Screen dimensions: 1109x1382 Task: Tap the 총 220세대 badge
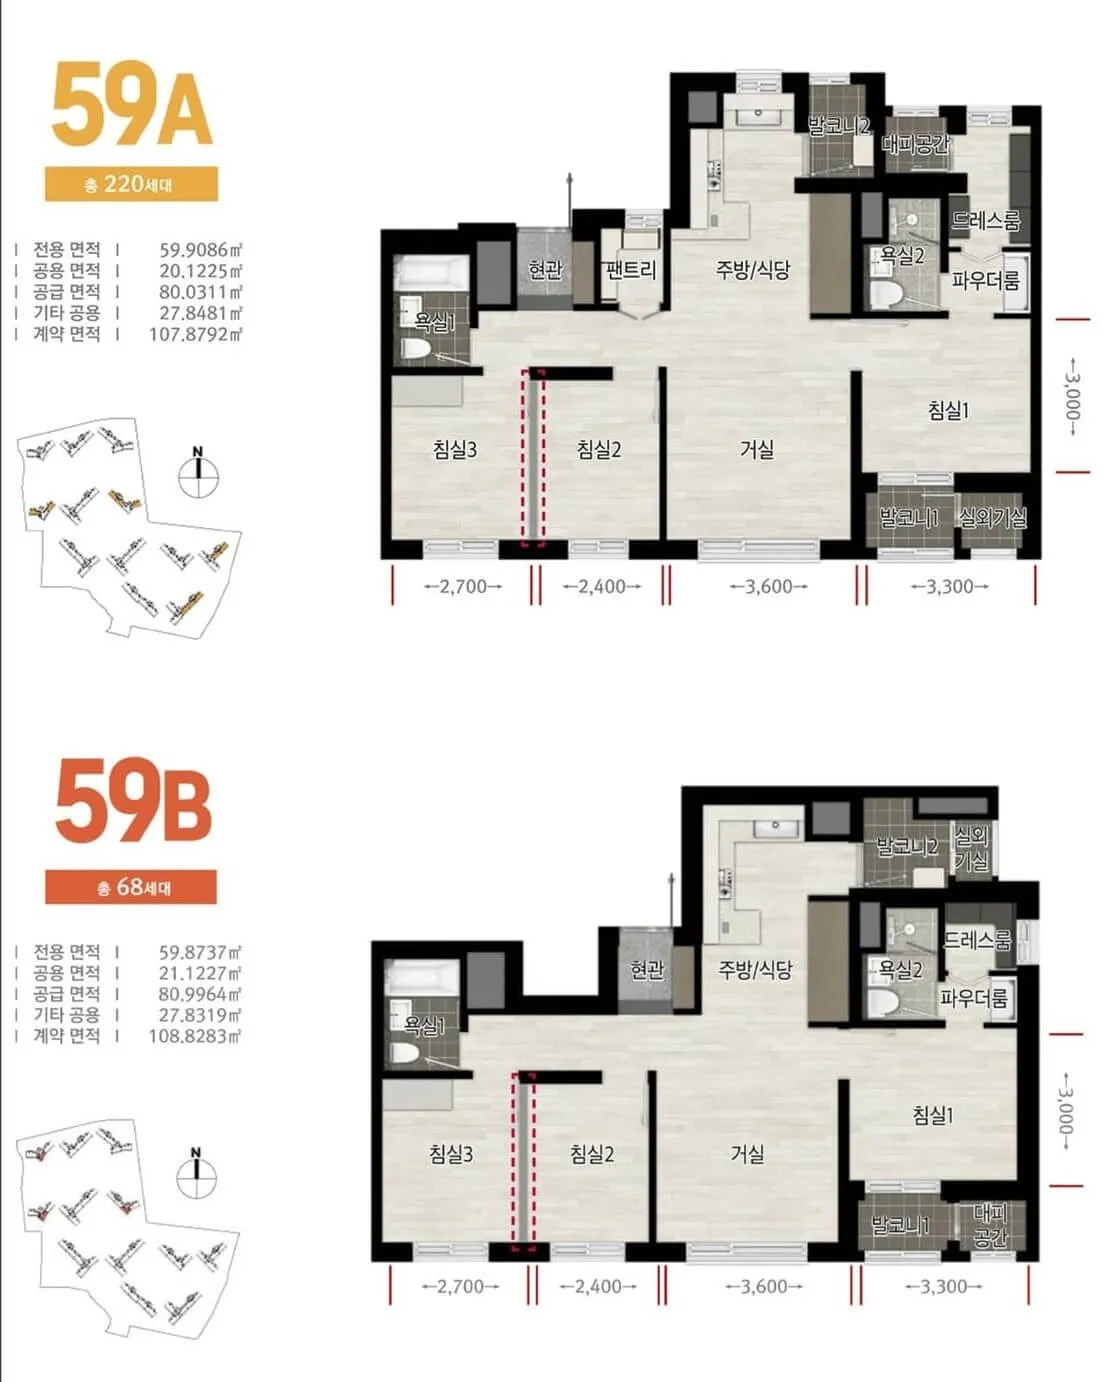131,184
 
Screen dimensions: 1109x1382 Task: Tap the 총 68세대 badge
131,887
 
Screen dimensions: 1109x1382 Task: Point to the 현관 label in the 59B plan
647,970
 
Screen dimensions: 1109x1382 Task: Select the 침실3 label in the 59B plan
451,1154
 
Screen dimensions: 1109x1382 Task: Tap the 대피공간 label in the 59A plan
915,144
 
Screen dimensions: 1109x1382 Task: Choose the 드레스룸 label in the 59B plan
976,940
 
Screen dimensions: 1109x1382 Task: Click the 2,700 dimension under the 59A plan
463,586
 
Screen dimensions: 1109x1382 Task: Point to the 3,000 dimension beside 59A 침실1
1072,396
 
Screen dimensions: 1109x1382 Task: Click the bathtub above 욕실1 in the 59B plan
422,977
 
